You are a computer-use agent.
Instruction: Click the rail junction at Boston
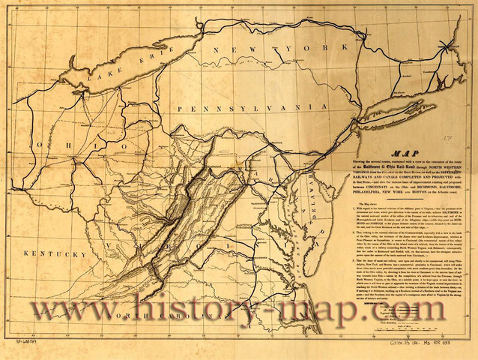[449, 44]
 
